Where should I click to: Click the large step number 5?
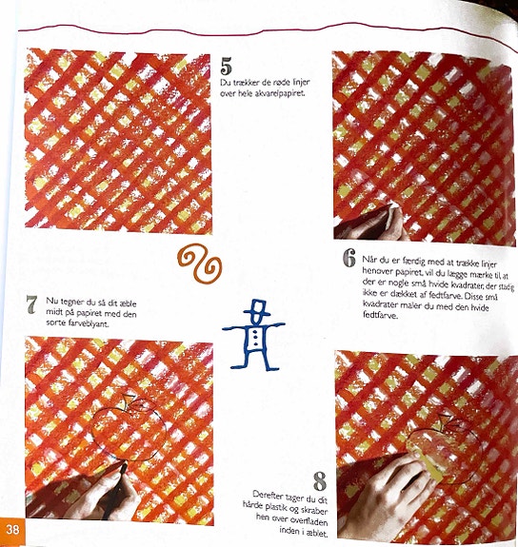pyautogui.click(x=226, y=66)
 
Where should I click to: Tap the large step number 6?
pyautogui.click(x=349, y=258)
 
